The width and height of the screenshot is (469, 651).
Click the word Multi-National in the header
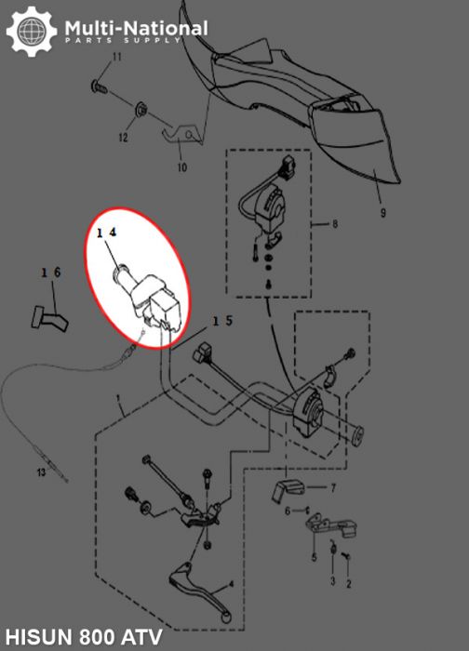tap(136, 28)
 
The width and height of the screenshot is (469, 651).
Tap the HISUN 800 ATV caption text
tap(82, 637)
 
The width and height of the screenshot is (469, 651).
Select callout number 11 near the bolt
tap(117, 59)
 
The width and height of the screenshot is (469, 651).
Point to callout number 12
tap(122, 138)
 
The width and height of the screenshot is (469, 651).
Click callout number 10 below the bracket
tap(181, 167)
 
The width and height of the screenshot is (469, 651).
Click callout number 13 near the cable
tap(40, 472)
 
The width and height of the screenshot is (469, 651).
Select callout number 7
tap(333, 486)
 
